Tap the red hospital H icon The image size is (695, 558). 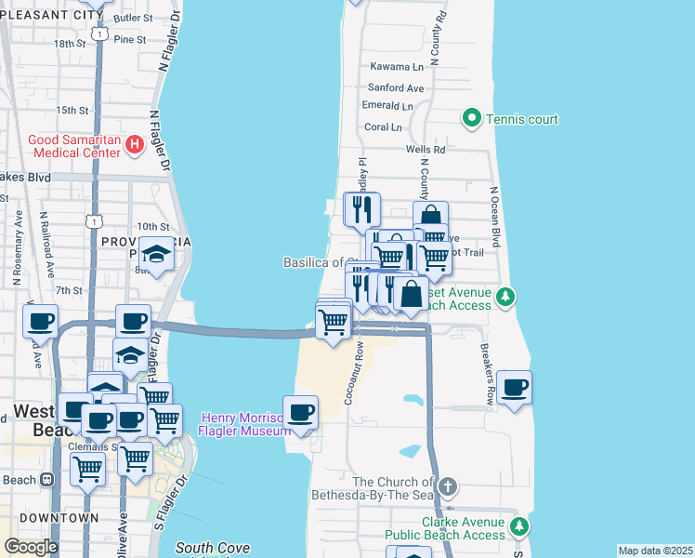pyautogui.click(x=135, y=144)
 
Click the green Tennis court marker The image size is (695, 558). pyautogui.click(x=471, y=119)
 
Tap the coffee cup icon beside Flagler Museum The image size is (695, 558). pyautogui.click(x=300, y=412)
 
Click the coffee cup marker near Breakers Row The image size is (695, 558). pyautogui.click(x=514, y=387)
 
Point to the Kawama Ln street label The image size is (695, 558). pyautogui.click(x=397, y=67)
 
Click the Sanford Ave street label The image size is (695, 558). pyautogui.click(x=401, y=88)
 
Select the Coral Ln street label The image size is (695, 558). pyautogui.click(x=383, y=127)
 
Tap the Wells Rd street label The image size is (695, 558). pyautogui.click(x=426, y=150)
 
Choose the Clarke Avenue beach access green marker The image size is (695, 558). pyautogui.click(x=518, y=528)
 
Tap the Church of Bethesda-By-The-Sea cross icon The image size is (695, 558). pyautogui.click(x=448, y=486)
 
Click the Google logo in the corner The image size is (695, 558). pyautogui.click(x=31, y=547)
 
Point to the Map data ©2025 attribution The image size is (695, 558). pyautogui.click(x=655, y=551)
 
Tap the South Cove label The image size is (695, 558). pyautogui.click(x=212, y=549)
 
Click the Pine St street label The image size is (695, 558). pyautogui.click(x=129, y=39)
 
